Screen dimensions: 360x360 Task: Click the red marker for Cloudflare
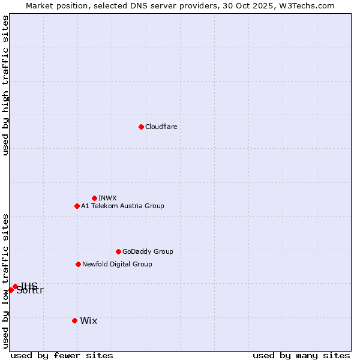click(141, 127)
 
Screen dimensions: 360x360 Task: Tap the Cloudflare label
click(161, 127)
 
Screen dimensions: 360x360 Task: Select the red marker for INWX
click(94, 198)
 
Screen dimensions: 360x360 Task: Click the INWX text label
click(107, 198)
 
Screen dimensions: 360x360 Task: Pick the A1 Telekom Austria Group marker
click(77, 206)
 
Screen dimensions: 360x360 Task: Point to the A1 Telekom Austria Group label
click(122, 206)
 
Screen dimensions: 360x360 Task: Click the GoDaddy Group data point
click(118, 251)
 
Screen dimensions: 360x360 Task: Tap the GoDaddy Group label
click(147, 251)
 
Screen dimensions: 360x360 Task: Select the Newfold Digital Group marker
click(78, 264)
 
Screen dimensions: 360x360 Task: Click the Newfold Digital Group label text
click(117, 264)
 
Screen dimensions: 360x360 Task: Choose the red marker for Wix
click(74, 320)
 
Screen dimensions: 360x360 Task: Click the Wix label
click(88, 320)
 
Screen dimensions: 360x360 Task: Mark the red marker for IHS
click(15, 286)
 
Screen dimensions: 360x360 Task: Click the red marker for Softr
click(11, 290)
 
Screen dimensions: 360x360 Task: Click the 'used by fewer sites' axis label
click(62, 355)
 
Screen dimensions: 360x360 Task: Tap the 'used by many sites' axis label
click(301, 355)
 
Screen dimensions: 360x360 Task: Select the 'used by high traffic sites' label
click(5, 85)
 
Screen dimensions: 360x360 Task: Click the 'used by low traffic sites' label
click(5, 281)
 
